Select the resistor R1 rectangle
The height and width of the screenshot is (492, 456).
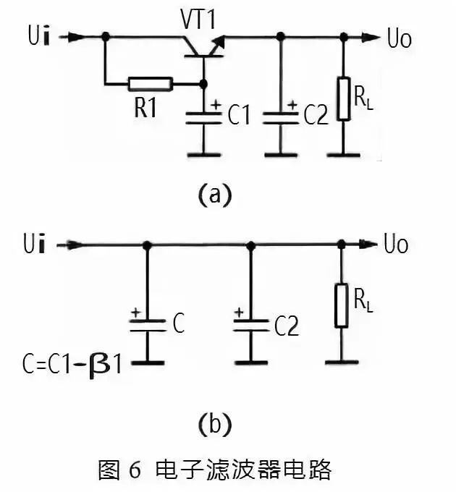pos(151,84)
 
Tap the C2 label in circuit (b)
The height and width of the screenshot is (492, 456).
pos(286,327)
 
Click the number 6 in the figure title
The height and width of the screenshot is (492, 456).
pos(135,470)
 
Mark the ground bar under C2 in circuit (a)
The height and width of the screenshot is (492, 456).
pos(280,153)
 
